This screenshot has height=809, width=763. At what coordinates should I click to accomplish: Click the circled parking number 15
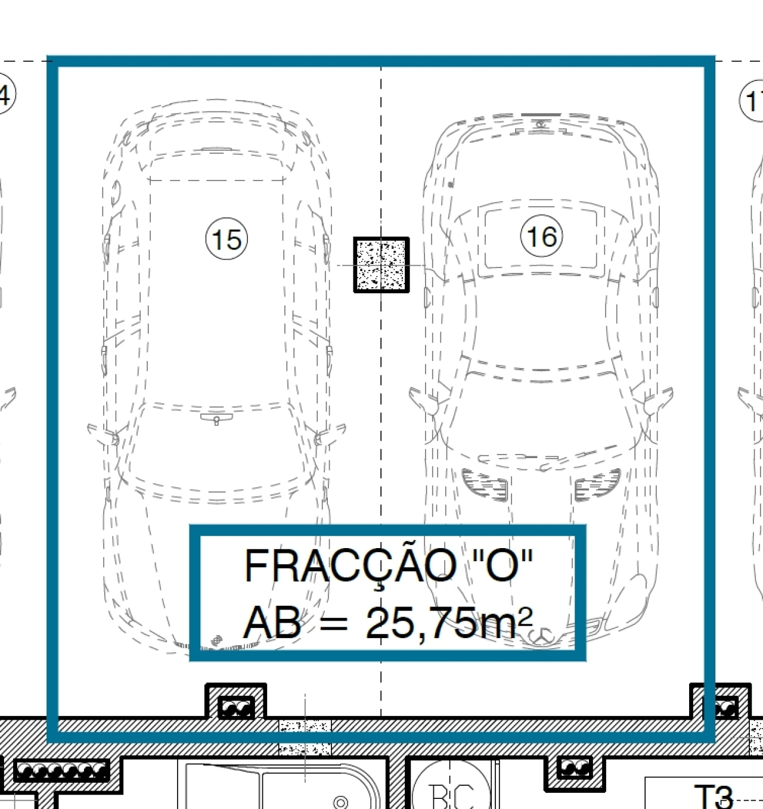point(227,239)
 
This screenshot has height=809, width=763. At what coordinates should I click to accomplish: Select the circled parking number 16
point(542,236)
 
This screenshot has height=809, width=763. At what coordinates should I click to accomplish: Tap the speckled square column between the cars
point(381,265)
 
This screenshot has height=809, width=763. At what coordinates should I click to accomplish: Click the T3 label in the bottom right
point(713,795)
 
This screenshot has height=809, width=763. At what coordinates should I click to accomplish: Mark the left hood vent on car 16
point(485,483)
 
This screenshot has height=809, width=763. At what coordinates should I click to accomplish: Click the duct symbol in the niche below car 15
point(237,708)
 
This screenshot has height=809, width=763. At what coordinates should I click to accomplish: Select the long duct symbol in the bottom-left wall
point(61,771)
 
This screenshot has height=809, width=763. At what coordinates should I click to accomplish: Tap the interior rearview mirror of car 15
point(216,419)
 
